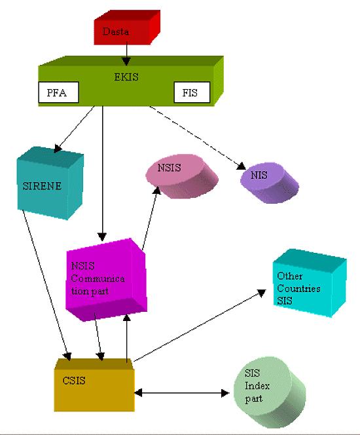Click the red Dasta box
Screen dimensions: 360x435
127,28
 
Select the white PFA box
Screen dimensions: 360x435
58,92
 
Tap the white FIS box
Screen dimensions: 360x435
192,92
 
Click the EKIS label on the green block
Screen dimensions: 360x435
126,77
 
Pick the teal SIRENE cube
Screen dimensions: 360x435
50,183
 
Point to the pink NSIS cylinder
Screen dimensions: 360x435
182,176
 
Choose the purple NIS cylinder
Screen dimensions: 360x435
270,183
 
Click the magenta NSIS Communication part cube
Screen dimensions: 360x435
106,280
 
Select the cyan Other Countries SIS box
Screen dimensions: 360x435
310,283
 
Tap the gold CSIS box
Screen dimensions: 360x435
94,385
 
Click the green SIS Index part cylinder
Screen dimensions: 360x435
270,392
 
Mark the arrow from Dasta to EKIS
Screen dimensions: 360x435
126,54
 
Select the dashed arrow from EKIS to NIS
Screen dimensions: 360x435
197,138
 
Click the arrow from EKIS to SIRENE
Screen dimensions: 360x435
74,129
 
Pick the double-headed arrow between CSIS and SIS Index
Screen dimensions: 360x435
182,393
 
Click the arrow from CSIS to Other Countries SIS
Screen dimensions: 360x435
200,326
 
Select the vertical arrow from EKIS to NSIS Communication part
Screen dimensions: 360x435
102,174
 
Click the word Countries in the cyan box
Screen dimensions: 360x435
298,288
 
